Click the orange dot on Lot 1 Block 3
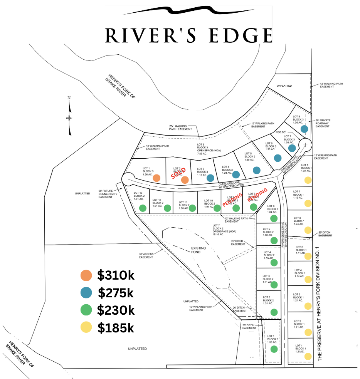(x=156, y=178)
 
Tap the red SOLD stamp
(x=181, y=173)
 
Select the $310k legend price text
(x=116, y=275)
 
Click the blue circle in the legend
(x=86, y=293)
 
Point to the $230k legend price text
(x=116, y=310)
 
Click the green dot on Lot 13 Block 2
(x=143, y=208)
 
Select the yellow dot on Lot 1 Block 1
(x=308, y=357)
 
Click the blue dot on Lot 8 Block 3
(x=304, y=129)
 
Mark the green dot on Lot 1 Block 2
(x=274, y=349)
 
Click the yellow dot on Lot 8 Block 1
(x=308, y=180)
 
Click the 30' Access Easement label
(x=146, y=255)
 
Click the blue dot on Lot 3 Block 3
(x=210, y=178)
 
